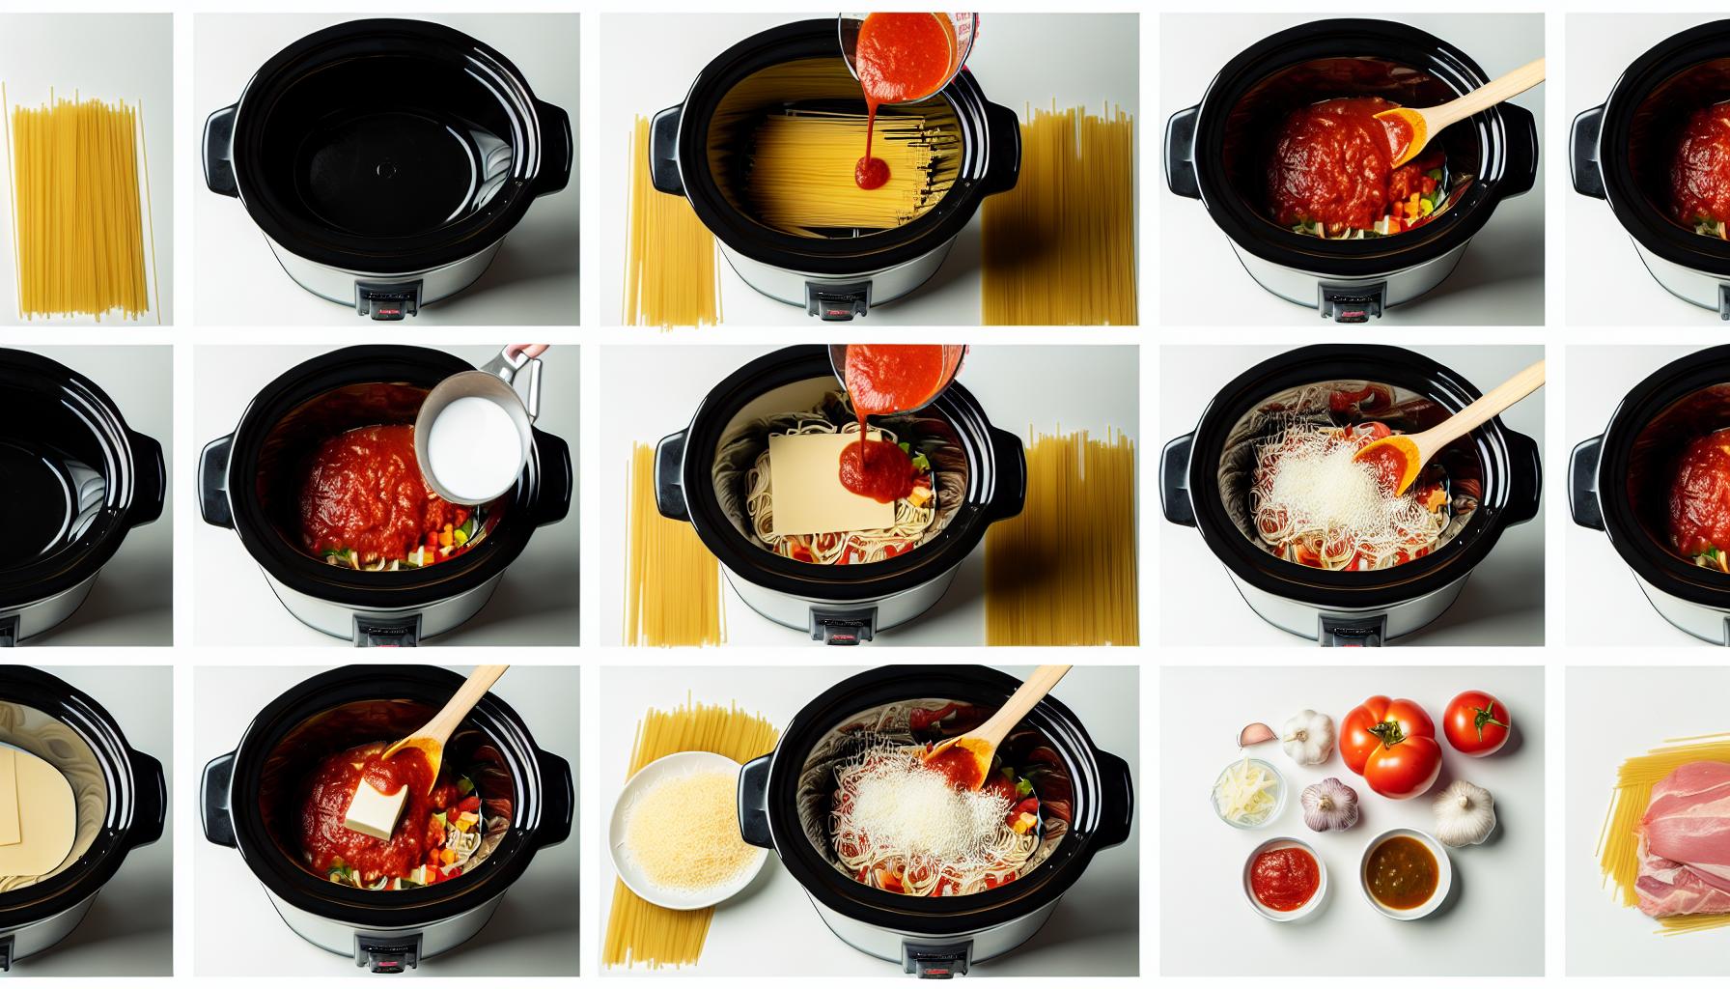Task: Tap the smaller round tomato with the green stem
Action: (x=1476, y=723)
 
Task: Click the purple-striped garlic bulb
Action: (x=1330, y=805)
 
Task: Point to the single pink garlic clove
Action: (x=1251, y=737)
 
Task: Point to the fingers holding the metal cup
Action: (x=529, y=352)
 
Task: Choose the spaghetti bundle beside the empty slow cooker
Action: (x=81, y=203)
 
